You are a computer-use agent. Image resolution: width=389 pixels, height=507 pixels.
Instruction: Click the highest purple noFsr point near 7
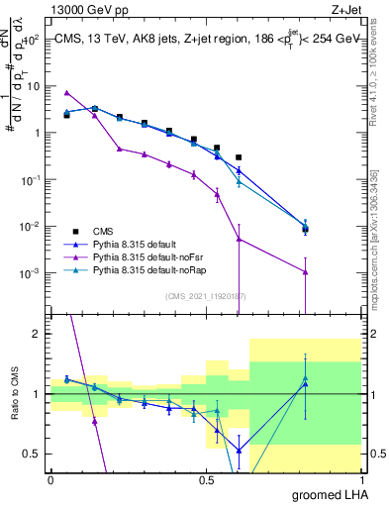coord(66,92)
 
